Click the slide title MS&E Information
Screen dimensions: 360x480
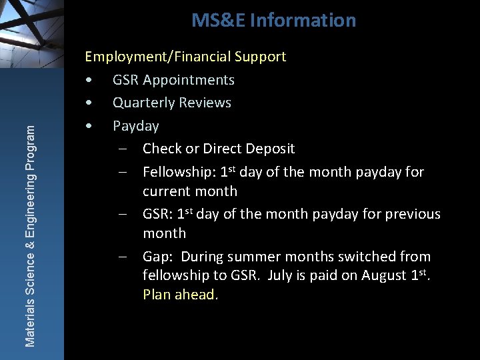pos(273,21)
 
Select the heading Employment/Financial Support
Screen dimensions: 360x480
pos(185,57)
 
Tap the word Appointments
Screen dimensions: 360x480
pos(190,80)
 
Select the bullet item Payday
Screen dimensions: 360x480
pos(135,126)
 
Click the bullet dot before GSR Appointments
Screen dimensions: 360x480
pos(88,81)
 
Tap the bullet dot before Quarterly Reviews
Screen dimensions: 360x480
pos(88,103)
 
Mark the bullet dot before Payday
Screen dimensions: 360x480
pos(88,126)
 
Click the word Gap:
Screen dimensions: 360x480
pos(157,257)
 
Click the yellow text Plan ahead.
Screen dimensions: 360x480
pos(180,295)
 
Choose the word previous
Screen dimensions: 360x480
pos(408,214)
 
